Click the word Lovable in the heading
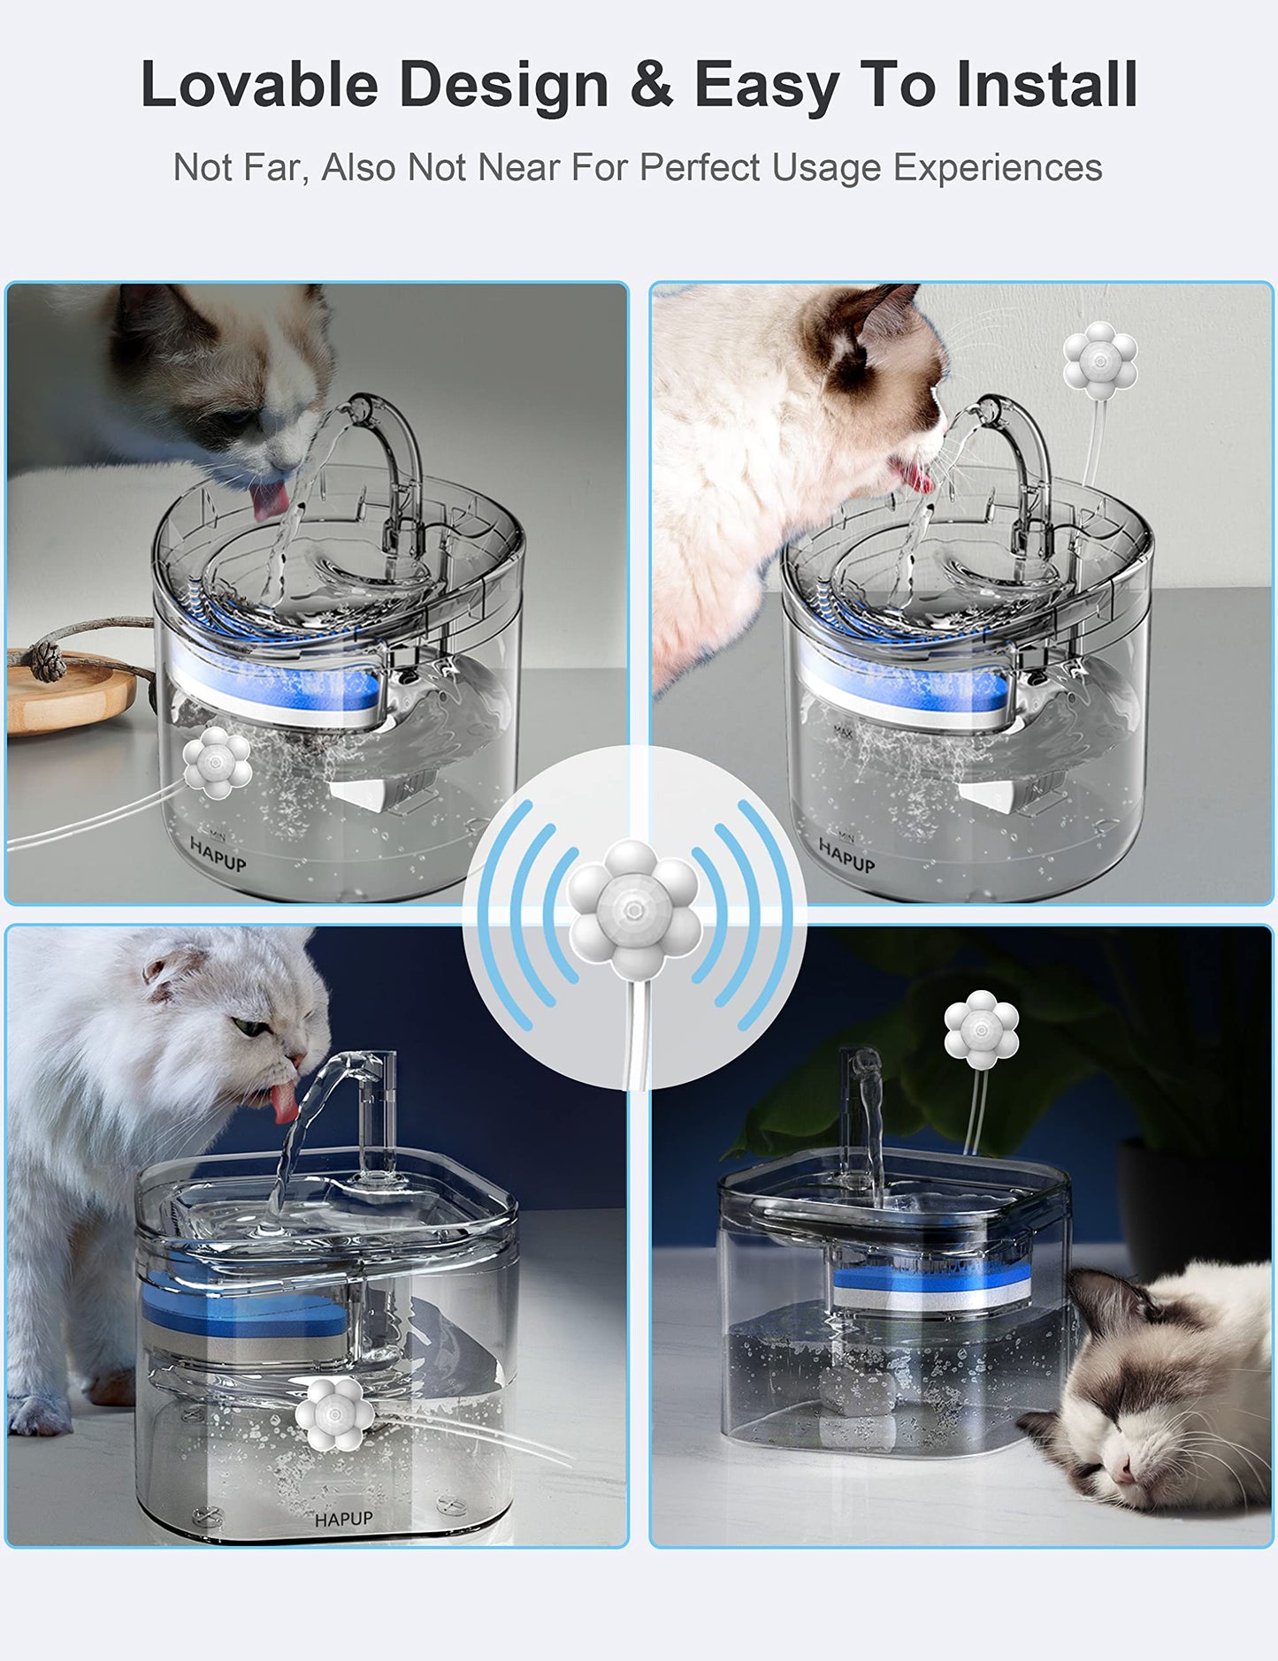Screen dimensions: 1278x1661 (x=259, y=86)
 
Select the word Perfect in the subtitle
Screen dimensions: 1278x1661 (x=700, y=167)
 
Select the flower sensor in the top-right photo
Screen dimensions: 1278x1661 (x=1099, y=360)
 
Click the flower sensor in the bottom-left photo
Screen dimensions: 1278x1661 (x=332, y=1414)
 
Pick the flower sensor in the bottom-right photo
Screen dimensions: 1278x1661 (x=981, y=1028)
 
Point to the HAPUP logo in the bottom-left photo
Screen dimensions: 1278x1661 (x=344, y=1519)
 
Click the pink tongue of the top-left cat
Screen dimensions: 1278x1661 (x=268, y=502)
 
